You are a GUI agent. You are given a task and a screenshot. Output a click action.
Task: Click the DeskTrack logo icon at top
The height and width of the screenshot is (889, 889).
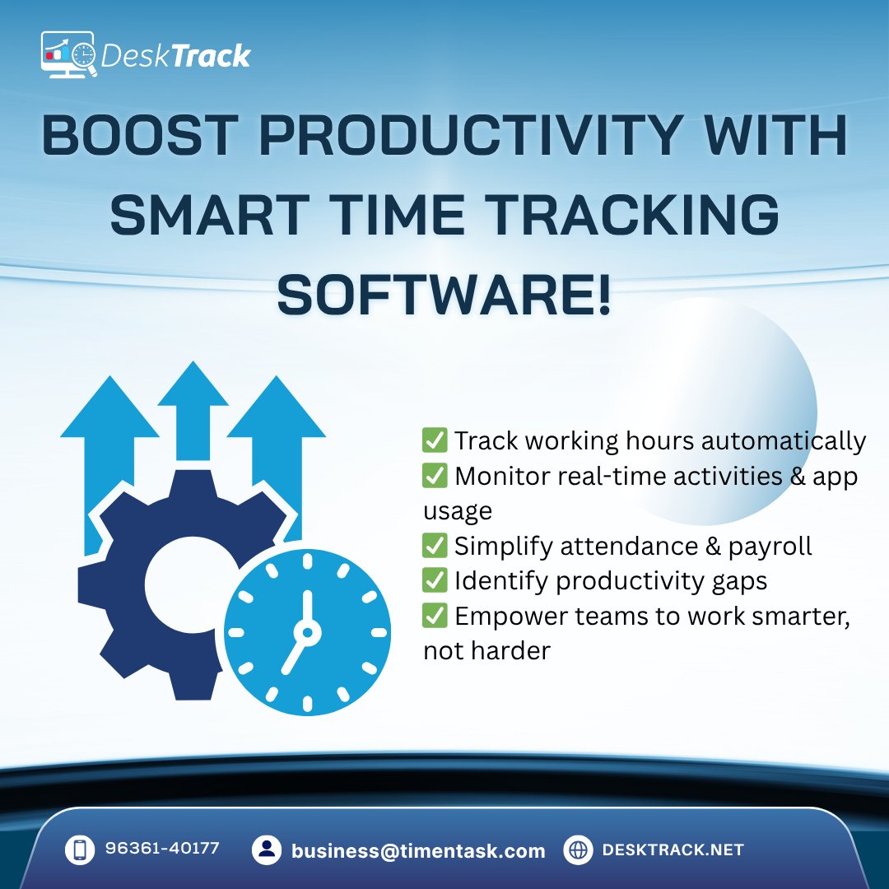coord(70,55)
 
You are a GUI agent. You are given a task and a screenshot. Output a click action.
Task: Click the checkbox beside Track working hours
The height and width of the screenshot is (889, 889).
coord(434,441)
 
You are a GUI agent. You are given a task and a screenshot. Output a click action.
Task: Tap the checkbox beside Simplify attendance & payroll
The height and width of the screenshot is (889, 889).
coord(434,546)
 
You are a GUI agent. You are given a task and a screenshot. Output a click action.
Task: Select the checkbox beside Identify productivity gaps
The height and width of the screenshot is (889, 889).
coord(434,580)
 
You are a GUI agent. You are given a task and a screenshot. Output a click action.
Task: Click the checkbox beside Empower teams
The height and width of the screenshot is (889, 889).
coord(434,616)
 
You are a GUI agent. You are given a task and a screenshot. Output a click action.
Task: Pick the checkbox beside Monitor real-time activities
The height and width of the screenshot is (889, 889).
coord(434,477)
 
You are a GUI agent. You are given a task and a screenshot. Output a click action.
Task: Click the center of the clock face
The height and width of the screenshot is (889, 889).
coord(307,631)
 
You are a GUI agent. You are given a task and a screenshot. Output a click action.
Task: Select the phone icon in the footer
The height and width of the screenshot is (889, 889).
coord(80,850)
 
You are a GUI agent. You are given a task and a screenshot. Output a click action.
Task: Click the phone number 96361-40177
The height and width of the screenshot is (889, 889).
coord(162,849)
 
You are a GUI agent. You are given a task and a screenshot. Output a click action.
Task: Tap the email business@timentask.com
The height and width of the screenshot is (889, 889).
coord(418,851)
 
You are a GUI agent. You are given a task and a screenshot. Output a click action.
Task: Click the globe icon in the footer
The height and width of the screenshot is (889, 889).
coord(579,850)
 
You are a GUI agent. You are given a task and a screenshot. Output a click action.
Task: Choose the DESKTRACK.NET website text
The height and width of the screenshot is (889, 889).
coord(673,850)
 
